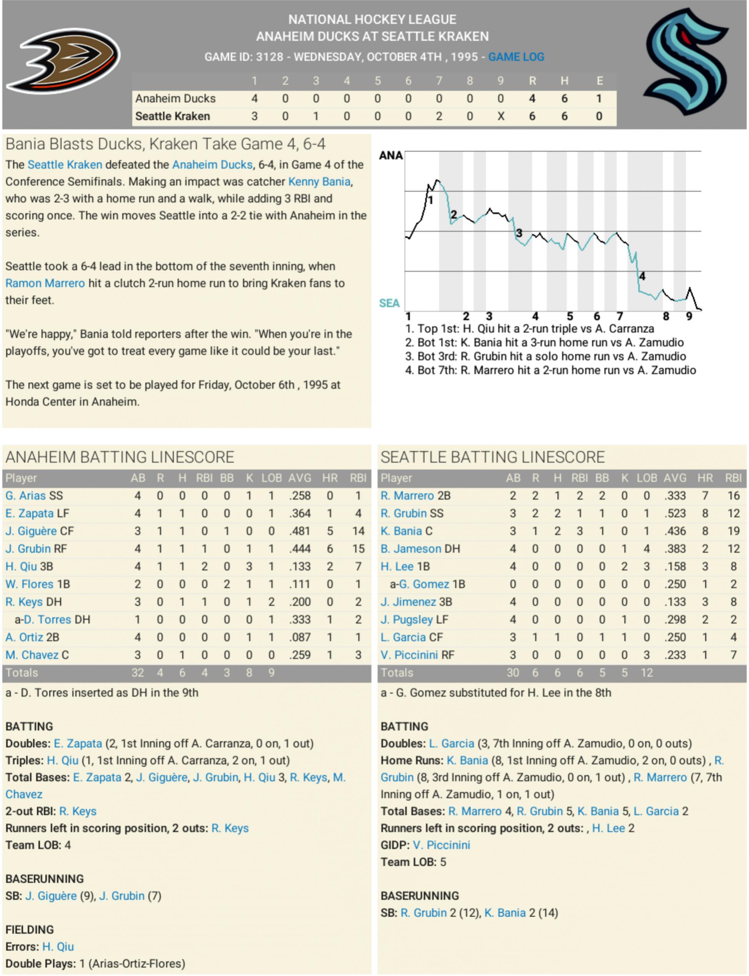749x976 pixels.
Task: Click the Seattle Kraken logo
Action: click(686, 61)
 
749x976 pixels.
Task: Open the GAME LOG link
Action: click(516, 57)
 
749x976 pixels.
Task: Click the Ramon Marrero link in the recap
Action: click(45, 283)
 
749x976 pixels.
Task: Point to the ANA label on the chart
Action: click(390, 155)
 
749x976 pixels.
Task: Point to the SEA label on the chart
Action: click(389, 303)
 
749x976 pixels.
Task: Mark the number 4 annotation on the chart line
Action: click(642, 276)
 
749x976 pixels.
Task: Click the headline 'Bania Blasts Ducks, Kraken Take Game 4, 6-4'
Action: click(165, 144)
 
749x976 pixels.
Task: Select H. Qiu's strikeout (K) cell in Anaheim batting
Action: click(249, 566)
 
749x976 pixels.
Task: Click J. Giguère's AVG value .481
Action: click(300, 531)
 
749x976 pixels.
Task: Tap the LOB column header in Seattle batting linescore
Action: click(646, 478)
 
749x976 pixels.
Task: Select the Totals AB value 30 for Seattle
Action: click(513, 673)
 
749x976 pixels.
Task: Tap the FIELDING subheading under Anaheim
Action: click(30, 930)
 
